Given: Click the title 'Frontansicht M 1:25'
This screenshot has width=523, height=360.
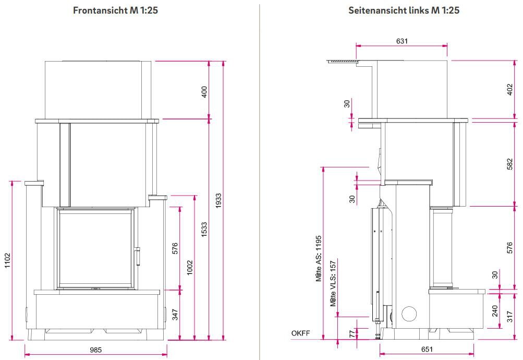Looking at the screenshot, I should click(x=115, y=10).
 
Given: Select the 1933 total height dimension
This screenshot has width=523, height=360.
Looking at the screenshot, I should click(x=219, y=200).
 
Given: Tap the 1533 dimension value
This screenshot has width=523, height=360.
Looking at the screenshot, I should click(x=204, y=229).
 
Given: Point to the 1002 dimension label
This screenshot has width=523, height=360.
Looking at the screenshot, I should click(x=190, y=267).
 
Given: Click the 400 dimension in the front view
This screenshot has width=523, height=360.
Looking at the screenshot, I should click(x=204, y=92).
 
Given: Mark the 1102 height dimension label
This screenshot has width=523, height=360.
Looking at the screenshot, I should click(x=7, y=260).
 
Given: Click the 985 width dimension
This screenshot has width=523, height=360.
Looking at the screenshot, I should click(x=95, y=350).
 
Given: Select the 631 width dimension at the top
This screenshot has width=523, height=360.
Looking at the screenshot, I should click(x=402, y=41).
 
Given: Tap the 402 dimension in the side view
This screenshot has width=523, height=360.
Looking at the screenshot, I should click(x=510, y=90).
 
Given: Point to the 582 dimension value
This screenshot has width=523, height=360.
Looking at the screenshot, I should click(x=510, y=164).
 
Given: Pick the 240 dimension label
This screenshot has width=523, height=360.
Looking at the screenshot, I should click(x=495, y=311).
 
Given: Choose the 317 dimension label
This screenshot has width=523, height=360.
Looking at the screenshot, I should click(x=510, y=315).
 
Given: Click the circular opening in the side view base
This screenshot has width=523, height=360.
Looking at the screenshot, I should click(x=409, y=313).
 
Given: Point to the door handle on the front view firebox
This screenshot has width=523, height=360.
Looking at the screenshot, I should click(x=139, y=256).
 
